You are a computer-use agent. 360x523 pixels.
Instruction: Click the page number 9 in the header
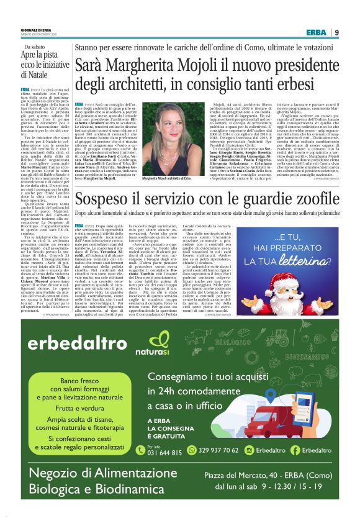pyautogui.click(x=336, y=32)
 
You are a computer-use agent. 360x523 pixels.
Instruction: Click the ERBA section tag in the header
pyautogui.click(x=317, y=32)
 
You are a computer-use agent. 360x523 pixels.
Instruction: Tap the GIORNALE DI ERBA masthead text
pyautogui.click(x=38, y=30)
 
